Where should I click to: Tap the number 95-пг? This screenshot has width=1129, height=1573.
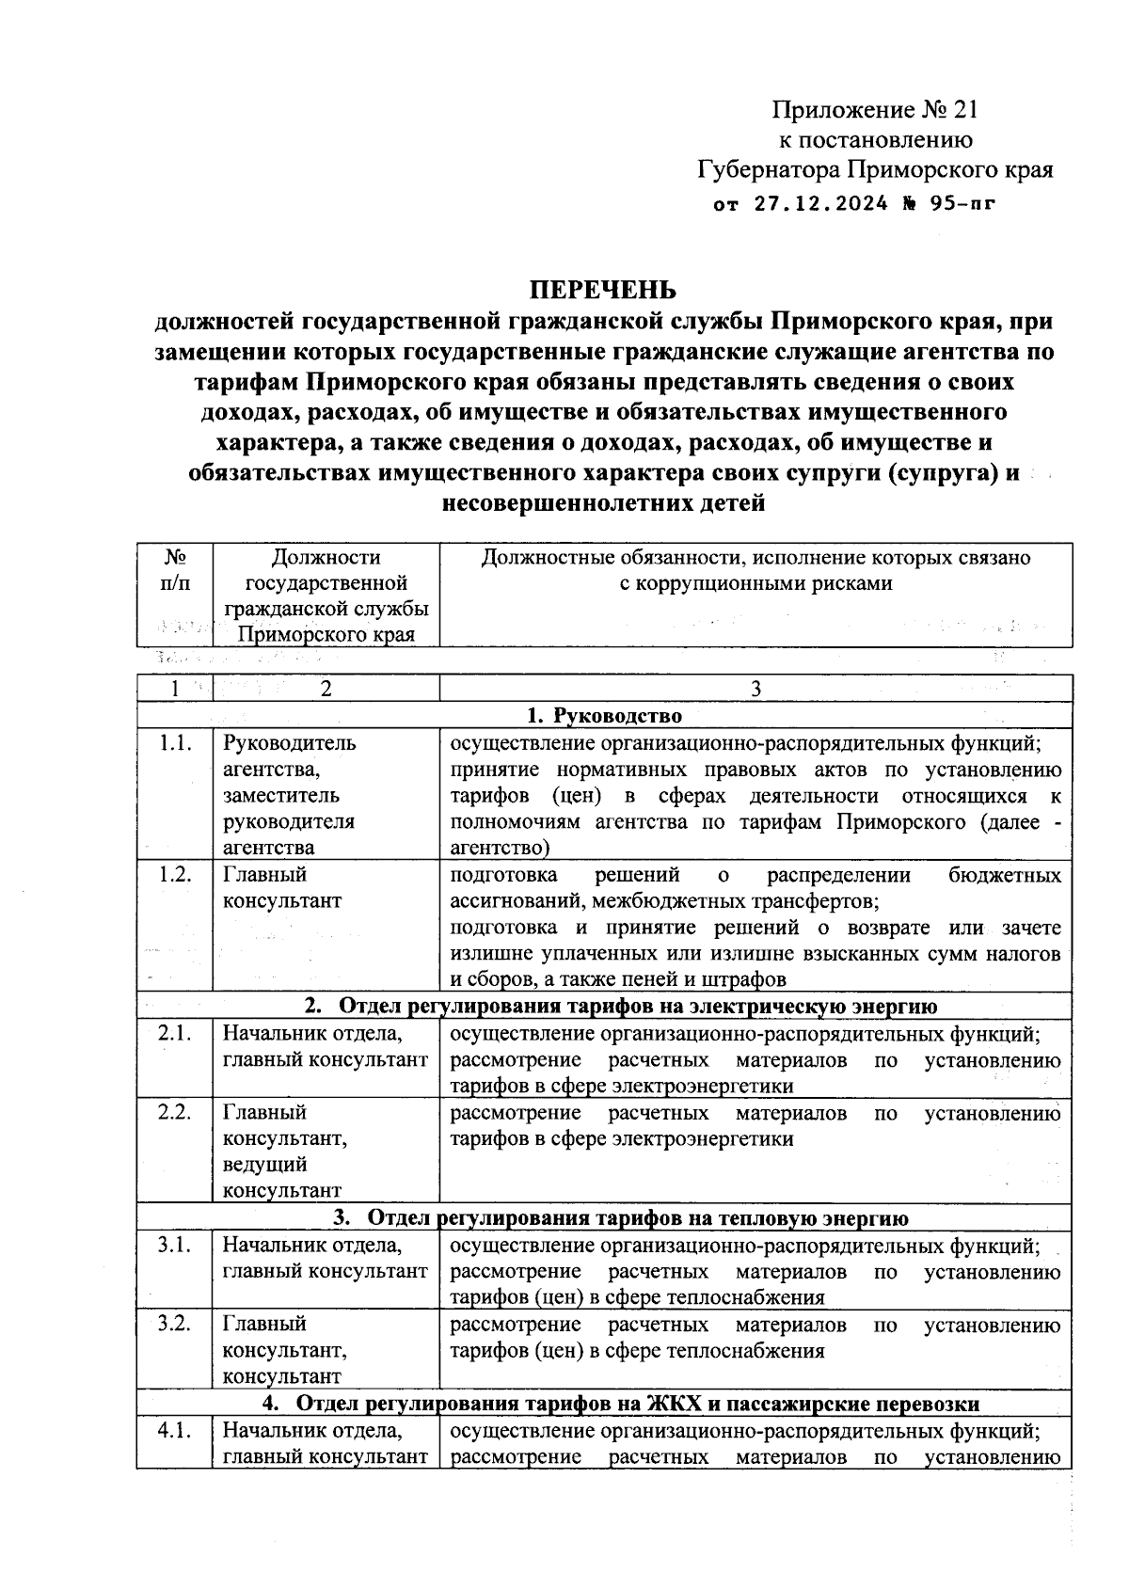[x=961, y=202]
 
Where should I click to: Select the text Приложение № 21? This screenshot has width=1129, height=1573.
[x=875, y=111]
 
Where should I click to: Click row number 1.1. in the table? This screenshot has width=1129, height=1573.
[x=175, y=743]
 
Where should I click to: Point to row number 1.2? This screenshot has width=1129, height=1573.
[x=175, y=875]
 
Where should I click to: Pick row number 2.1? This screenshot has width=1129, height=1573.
[x=175, y=1034]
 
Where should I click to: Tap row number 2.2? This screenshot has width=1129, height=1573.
[x=175, y=1113]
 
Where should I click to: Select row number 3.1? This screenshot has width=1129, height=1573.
[x=175, y=1246]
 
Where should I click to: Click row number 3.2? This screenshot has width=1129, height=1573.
[x=175, y=1325]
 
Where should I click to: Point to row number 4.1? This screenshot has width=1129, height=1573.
[x=175, y=1431]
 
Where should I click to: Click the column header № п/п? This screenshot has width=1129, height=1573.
[x=175, y=570]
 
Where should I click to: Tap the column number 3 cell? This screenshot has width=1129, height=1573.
[x=755, y=689]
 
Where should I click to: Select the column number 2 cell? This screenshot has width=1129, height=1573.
[x=326, y=689]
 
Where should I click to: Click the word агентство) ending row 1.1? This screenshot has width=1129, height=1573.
[x=500, y=849]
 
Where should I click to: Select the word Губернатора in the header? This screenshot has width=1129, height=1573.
[x=769, y=170]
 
